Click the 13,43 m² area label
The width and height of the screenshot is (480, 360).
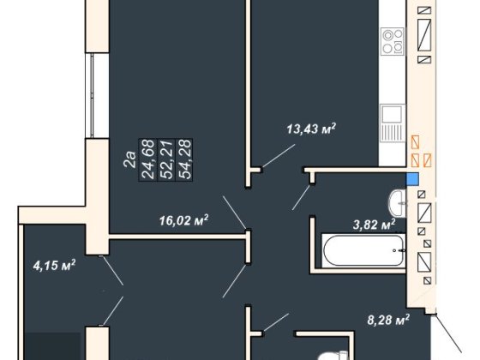pyautogui.click(x=311, y=129)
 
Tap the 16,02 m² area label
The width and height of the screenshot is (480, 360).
pyautogui.click(x=184, y=219)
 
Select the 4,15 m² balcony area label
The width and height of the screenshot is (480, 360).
pyautogui.click(x=55, y=265)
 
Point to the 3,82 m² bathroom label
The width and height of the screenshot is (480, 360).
pyautogui.click(x=374, y=225)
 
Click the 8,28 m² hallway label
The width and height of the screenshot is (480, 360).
pyautogui.click(x=388, y=321)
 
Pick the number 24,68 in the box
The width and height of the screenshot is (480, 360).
pyautogui.click(x=147, y=159)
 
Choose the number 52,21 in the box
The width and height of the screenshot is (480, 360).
pyautogui.click(x=166, y=159)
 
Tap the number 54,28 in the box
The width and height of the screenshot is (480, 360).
pyautogui.click(x=184, y=159)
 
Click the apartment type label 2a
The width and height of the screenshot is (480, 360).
pyautogui.click(x=129, y=159)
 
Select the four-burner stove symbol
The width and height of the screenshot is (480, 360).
pyautogui.click(x=393, y=41)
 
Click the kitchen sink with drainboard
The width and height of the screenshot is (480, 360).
pyautogui.click(x=392, y=123)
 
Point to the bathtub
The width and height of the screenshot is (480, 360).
pyautogui.click(x=363, y=250)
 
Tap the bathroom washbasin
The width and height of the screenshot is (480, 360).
pyautogui.click(x=398, y=203)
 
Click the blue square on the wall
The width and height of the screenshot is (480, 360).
pyautogui.click(x=412, y=179)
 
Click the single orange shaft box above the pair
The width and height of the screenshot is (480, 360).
pyautogui.click(x=415, y=142)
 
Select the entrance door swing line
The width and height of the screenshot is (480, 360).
pyautogui.click(x=448, y=333)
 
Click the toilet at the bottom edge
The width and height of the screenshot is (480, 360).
pyautogui.click(x=332, y=357)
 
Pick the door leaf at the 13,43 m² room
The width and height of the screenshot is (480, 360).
pyautogui.click(x=279, y=156)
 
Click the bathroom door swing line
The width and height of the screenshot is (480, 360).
pyautogui.click(x=302, y=197)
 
